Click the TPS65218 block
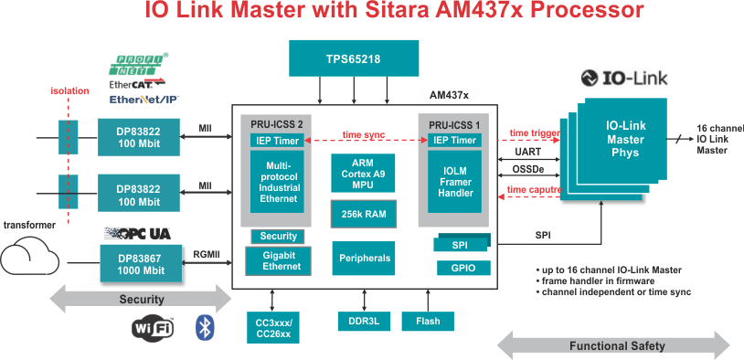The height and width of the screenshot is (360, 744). tap(354, 58)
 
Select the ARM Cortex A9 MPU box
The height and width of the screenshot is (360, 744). tap(363, 173)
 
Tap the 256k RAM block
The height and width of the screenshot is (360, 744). tap(363, 214)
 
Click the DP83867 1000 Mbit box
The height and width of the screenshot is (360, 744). tap(141, 264)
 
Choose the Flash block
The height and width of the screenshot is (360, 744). tap(428, 321)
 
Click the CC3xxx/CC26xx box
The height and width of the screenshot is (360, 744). tap(274, 327)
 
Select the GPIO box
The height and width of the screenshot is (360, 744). tap(463, 268)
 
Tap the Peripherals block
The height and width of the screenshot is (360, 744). tap(364, 258)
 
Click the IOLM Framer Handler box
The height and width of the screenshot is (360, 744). tap(455, 182)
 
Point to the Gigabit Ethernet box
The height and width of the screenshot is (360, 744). tap(278, 260)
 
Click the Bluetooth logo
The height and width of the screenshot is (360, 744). tap(205, 327)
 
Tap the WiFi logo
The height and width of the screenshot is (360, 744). tap(153, 328)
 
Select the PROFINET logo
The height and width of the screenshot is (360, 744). tap(139, 64)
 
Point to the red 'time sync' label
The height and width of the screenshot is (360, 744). tap(364, 134)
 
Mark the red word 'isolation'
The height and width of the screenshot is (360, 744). tap(69, 90)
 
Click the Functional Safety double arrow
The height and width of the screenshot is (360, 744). tap(613, 345)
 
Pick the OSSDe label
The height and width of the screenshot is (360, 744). tap(528, 169)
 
